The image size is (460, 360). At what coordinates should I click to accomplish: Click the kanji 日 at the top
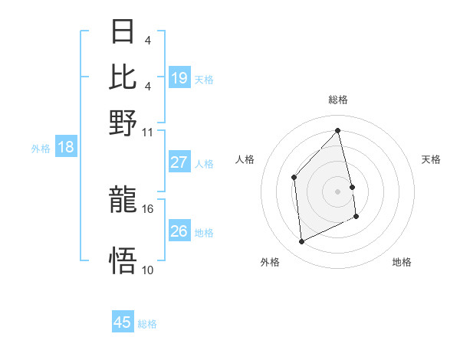coord(123,32)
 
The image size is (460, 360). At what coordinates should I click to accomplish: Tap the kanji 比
coord(123,77)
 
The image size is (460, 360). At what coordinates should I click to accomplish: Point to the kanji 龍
coord(123,201)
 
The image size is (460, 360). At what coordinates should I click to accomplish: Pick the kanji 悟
coord(123,261)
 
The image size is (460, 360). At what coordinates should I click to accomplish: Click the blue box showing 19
coord(179,77)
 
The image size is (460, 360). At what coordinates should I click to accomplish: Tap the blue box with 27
coord(179,162)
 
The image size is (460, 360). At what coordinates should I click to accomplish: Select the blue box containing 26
coord(179,231)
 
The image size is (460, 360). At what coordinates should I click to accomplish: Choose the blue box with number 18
coord(66,147)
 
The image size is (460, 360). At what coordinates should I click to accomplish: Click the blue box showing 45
coord(123,322)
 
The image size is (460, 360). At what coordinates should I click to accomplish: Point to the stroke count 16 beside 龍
coord(148,208)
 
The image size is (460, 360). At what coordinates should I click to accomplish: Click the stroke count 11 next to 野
coord(148,131)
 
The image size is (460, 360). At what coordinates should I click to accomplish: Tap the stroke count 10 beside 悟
coord(148,270)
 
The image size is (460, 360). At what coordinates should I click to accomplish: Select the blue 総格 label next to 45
coord(147,324)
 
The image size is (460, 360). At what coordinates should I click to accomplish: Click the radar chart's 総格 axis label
coord(338,100)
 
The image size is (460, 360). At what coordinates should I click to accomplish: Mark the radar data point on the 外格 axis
coord(301,242)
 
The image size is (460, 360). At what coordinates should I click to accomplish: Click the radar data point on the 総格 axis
coord(338,131)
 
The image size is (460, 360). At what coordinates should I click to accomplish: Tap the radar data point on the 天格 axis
coord(352,186)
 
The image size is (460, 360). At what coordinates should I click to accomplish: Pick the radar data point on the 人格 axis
coord(294,177)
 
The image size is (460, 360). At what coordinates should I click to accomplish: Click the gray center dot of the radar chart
coord(338,191)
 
